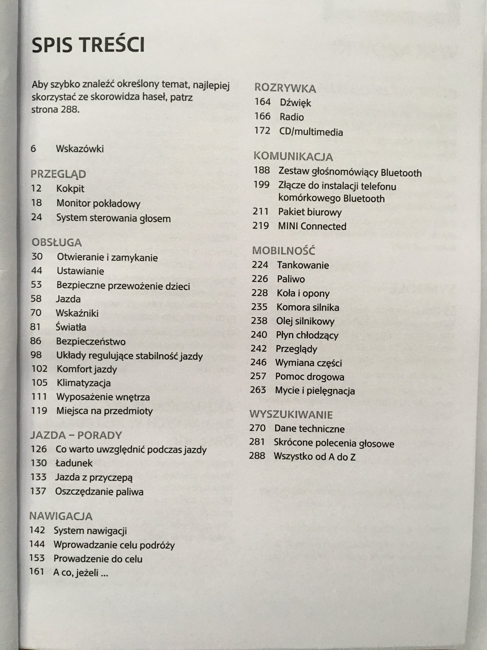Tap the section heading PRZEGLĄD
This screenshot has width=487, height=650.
tap(58, 174)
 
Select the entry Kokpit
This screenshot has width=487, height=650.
tap(70, 188)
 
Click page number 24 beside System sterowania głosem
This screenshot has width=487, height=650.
tap(37, 217)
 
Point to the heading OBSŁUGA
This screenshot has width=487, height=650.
tap(57, 242)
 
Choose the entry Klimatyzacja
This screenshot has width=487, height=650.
tap(84, 383)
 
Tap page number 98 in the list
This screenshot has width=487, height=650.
tap(36, 355)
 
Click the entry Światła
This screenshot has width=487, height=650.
tap(71, 327)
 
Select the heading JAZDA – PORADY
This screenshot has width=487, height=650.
tap(76, 435)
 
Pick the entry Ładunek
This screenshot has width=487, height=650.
tap(74, 463)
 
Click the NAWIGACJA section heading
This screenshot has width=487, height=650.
tap(61, 516)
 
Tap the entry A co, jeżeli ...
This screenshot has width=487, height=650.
tap(80, 572)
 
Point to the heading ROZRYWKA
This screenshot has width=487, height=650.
tap(285, 88)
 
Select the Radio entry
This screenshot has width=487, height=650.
tap(291, 117)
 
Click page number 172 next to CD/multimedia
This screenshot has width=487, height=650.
tap(262, 131)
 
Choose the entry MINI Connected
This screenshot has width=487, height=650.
tap(312, 226)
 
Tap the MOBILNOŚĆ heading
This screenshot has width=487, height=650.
tap(284, 251)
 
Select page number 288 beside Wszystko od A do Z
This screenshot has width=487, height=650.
tap(257, 456)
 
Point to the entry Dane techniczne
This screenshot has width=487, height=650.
tap(309, 429)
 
